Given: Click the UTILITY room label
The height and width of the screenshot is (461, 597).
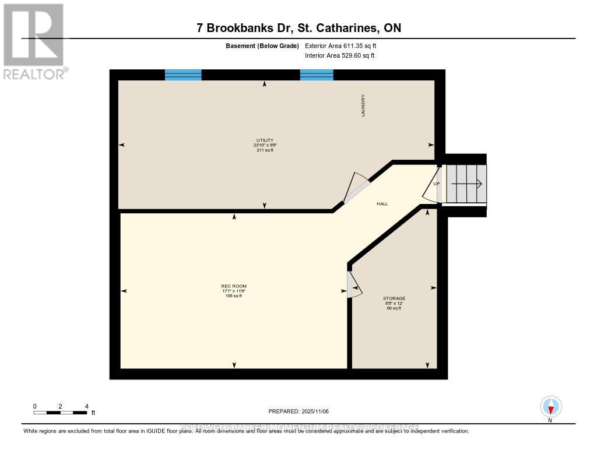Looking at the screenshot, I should coord(265,140).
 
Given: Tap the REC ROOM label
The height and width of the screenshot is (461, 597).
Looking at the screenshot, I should coord(234,286).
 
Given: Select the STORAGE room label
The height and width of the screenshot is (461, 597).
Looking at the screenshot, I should coord(395,298).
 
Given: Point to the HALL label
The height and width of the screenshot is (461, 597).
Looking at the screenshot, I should coord(382,204).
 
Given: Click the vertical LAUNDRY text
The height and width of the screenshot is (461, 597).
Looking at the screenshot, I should coord(363,105).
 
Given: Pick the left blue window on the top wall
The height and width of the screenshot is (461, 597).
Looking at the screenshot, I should coord(183,75).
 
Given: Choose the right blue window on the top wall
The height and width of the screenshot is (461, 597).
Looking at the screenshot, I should coord(317,75).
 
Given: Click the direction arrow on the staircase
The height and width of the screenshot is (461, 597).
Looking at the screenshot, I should coord(466,184).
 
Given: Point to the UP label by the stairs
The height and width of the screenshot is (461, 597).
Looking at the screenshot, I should coord(436,184).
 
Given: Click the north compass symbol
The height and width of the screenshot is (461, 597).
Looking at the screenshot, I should coord(550,406).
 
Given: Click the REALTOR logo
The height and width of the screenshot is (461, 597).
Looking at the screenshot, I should coord(34,41).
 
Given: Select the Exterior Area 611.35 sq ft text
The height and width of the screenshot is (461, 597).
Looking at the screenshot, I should coord(345,45).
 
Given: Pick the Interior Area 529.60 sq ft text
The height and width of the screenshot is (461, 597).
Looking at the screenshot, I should coord(339,56).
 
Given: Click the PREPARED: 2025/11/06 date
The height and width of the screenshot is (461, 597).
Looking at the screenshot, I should coord(298,411).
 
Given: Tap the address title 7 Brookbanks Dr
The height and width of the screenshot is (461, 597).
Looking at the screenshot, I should coord(298,28).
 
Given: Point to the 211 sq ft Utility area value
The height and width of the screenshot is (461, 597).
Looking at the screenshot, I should coord(265,150).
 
